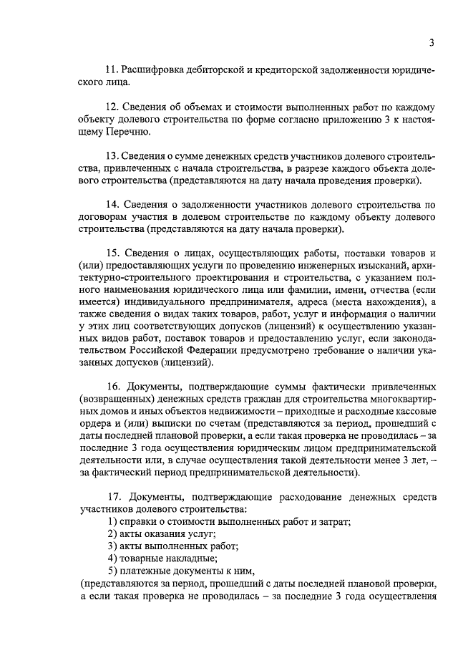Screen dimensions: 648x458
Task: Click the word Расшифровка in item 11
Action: pyautogui.click(x=153, y=70)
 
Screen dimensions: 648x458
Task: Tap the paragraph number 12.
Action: pyautogui.click(x=111, y=107)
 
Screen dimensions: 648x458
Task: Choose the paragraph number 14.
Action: pyautogui.click(x=111, y=205)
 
